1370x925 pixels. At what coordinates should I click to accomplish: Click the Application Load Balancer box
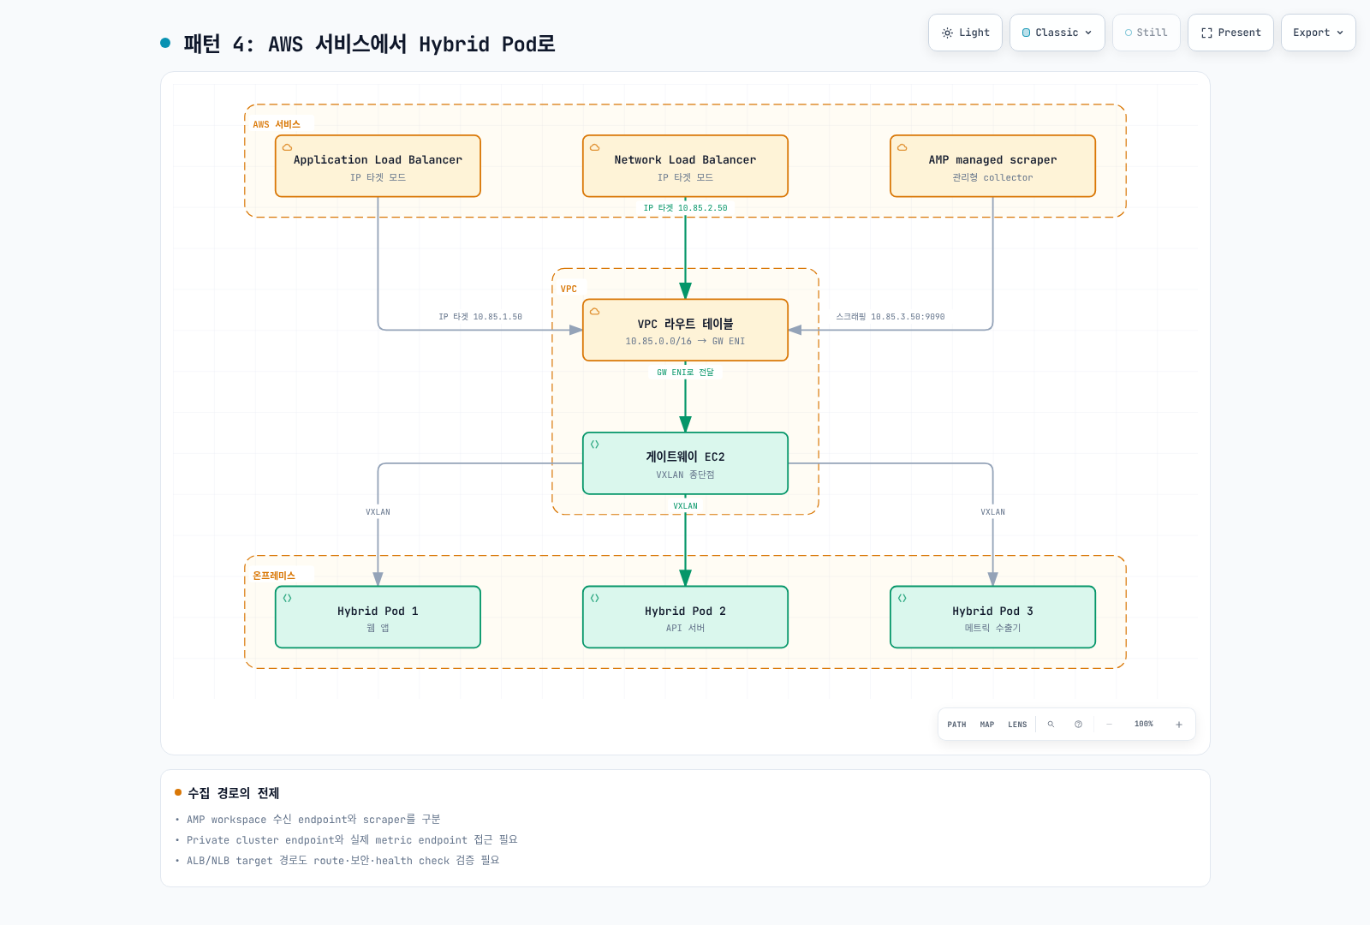tap(378, 166)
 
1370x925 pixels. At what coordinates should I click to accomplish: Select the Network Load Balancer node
tap(685, 166)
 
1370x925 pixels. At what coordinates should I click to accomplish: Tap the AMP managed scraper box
tap(992, 166)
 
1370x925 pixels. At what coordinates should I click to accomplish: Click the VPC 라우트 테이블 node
tap(685, 330)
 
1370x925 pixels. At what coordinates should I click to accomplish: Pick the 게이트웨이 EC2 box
tap(685, 463)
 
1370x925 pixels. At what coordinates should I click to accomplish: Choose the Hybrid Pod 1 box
tap(378, 617)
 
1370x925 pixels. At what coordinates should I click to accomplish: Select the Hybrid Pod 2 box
tap(685, 617)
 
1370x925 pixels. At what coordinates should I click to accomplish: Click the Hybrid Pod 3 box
tap(992, 617)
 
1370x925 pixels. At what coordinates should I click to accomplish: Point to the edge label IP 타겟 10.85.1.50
tap(480, 316)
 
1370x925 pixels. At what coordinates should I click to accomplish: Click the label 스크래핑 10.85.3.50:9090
tap(890, 316)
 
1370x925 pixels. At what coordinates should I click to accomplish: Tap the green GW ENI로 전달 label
tap(685, 372)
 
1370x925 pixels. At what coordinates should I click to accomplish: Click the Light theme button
tap(965, 33)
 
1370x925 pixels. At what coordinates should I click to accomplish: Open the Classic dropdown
tap(1057, 33)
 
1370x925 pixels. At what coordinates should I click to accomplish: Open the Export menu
tap(1318, 33)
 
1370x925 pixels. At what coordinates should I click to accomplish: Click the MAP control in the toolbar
tap(987, 725)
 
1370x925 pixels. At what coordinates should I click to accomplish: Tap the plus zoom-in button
tap(1178, 725)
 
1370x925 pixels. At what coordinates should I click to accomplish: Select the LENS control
tap(1017, 725)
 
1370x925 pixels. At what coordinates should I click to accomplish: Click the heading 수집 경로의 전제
tap(233, 793)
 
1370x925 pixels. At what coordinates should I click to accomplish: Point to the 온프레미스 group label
tap(273, 575)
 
